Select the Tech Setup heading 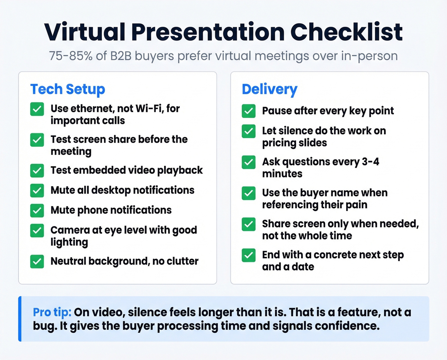[x=67, y=89]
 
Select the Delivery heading [x=269, y=89]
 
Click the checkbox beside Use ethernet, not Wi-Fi [x=37, y=109]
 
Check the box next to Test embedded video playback [x=37, y=171]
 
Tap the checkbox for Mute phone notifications [x=37, y=211]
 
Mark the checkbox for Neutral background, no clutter [x=37, y=261]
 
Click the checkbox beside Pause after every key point [x=248, y=111]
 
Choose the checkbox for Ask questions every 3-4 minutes [x=248, y=162]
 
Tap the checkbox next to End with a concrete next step [x=248, y=255]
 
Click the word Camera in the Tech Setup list [x=70, y=230]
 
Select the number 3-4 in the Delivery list [x=370, y=162]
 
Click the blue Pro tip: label [x=52, y=312]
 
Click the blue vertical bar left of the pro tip [x=20, y=319]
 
